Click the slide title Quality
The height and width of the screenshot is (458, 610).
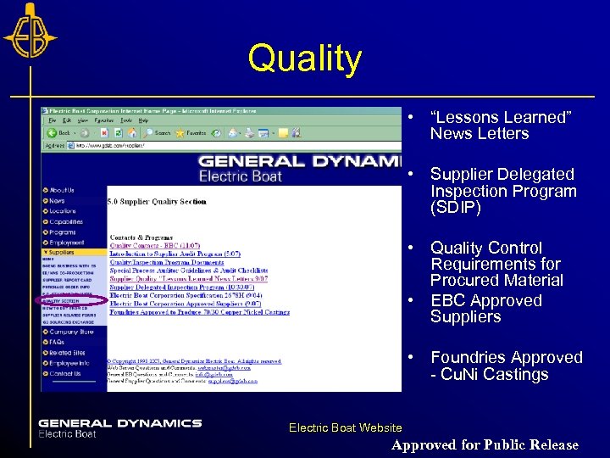tap(304, 59)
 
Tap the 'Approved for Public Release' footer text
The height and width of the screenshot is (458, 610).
tap(485, 444)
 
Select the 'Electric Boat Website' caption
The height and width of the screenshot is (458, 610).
tap(345, 428)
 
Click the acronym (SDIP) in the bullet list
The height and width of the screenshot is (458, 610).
tap(456, 208)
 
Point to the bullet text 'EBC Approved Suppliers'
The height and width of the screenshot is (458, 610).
tap(485, 309)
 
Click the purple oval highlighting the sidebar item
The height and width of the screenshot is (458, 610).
tap(73, 299)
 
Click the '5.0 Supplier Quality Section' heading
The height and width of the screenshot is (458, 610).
tap(157, 202)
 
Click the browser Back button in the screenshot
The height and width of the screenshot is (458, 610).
tap(61, 132)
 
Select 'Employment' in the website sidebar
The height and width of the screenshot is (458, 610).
tap(67, 242)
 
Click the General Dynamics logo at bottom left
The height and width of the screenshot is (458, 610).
tap(119, 427)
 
